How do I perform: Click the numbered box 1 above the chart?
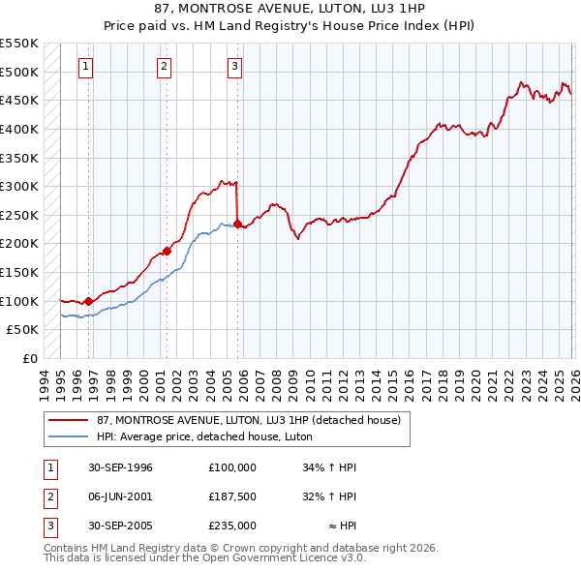coord(87,67)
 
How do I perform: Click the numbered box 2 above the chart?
coord(164,67)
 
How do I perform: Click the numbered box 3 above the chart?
coord(235,67)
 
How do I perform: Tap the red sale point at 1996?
coord(88,301)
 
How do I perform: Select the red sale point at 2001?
coord(167,251)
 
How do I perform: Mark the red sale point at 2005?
coord(237,224)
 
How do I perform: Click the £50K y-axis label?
coord(23,329)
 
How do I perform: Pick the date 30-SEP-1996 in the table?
coord(120,467)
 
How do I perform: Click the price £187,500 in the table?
coord(232,496)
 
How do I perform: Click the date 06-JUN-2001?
coord(120,496)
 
